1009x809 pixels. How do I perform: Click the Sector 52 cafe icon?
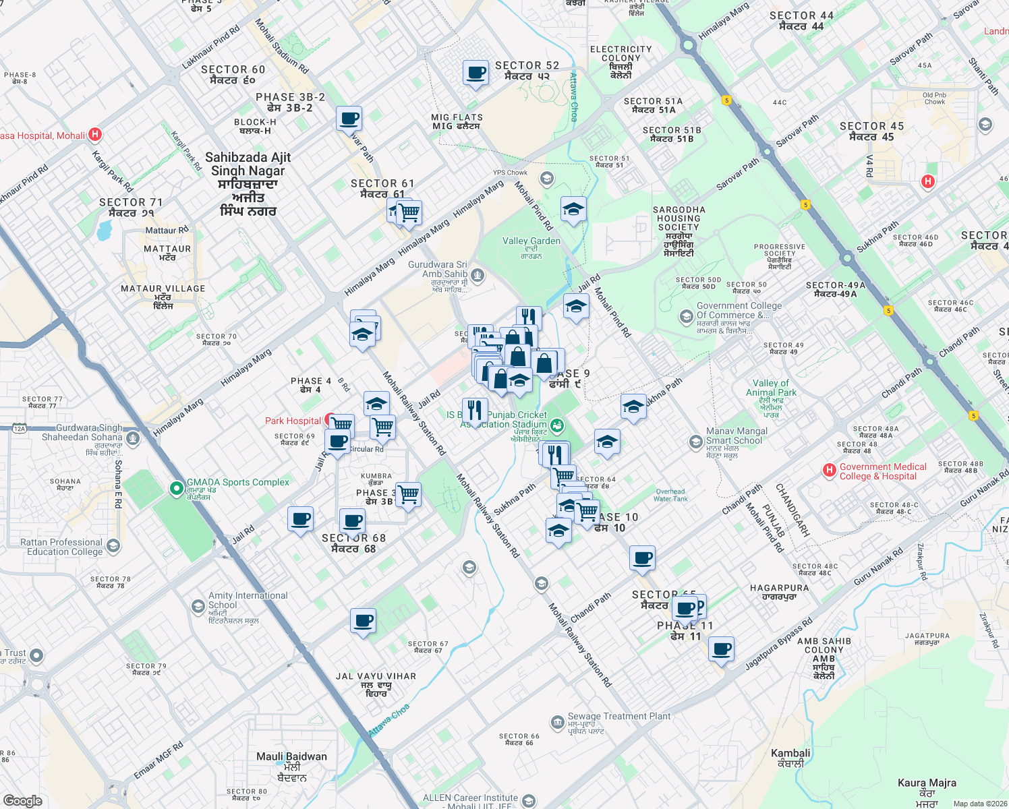(x=475, y=73)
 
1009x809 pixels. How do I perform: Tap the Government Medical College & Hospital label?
(x=883, y=471)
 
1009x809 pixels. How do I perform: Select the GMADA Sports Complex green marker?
(x=177, y=487)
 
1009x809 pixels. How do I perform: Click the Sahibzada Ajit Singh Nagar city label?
(x=248, y=183)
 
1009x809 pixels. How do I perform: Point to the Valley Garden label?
(x=531, y=241)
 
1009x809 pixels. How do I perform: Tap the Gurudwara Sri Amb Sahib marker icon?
(x=478, y=274)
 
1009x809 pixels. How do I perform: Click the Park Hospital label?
(x=293, y=421)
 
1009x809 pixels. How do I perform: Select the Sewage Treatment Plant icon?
(x=557, y=723)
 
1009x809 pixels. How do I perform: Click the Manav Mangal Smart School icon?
(x=695, y=442)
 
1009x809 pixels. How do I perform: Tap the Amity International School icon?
(x=198, y=606)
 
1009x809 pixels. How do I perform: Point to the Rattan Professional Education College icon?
(x=113, y=546)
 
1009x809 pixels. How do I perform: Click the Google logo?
(x=23, y=800)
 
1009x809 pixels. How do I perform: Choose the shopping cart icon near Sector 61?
(x=409, y=213)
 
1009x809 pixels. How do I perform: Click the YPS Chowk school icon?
(x=546, y=179)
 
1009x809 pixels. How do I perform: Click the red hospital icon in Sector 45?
(x=928, y=181)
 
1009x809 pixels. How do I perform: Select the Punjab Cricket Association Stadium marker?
(x=557, y=425)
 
